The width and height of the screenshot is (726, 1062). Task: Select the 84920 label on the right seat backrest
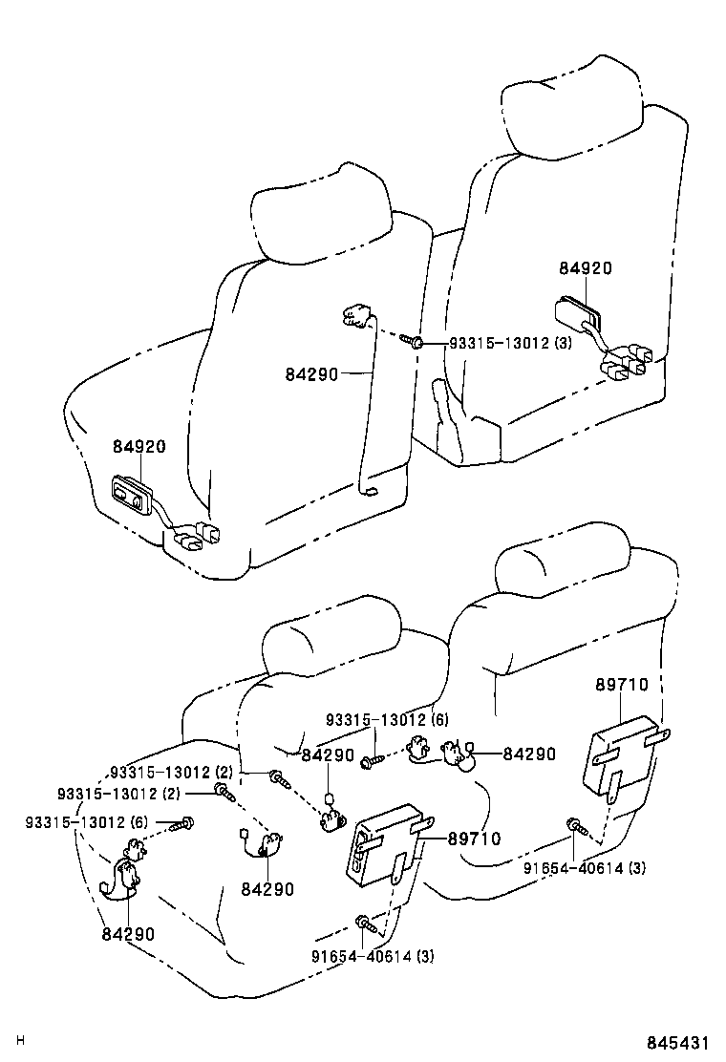coord(585,269)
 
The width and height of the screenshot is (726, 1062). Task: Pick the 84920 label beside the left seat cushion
coord(139,447)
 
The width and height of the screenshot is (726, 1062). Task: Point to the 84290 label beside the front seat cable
coord(311,374)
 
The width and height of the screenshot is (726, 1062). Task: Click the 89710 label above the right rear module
coord(621,685)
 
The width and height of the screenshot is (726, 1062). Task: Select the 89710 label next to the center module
coord(474,839)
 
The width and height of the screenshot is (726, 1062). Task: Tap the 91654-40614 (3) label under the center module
coord(372,956)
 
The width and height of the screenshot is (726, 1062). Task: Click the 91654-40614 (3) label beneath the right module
coord(585,868)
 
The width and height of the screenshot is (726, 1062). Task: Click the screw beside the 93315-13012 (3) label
coord(412,341)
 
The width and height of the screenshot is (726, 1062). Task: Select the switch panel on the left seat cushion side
coord(131,497)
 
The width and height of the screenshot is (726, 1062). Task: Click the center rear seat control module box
coord(384,841)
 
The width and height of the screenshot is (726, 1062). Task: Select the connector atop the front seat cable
coord(353,315)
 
